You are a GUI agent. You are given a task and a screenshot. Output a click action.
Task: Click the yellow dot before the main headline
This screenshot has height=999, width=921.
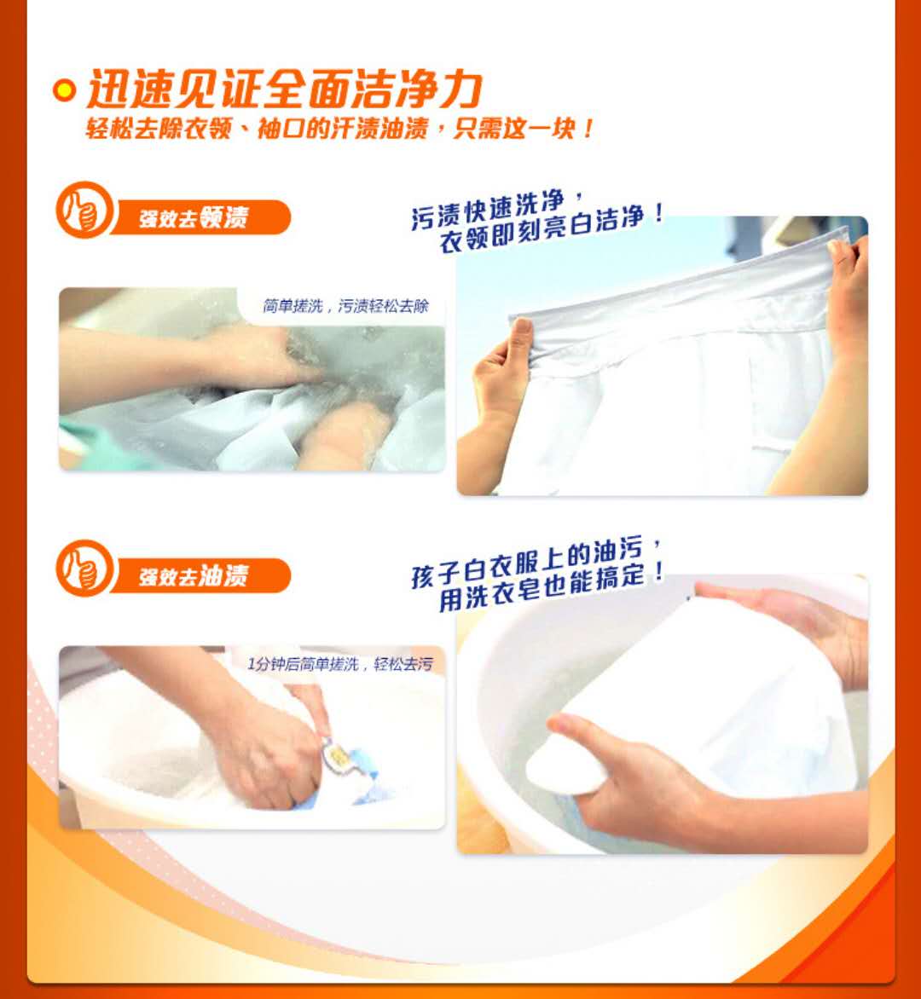coord(64,90)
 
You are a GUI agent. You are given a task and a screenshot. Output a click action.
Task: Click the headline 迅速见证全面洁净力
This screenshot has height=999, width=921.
coord(284,90)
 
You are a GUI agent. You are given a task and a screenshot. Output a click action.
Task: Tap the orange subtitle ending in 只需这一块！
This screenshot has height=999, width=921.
coord(339,129)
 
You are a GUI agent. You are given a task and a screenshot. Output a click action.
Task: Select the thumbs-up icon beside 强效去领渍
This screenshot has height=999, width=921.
coord(84,210)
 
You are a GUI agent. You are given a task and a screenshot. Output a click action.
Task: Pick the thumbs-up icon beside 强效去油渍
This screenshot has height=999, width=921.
coord(84,569)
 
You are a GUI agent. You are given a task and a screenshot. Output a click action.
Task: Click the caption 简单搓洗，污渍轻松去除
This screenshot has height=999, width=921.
coord(346,307)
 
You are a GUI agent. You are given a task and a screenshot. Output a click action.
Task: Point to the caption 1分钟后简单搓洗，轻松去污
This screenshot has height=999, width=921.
coord(340,665)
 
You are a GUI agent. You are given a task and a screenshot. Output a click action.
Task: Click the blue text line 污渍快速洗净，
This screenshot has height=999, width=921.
coord(497,208)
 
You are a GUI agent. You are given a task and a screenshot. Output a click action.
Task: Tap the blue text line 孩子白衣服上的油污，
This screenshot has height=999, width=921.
coord(536,563)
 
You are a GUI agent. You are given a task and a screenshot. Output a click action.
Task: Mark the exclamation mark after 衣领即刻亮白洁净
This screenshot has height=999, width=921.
coord(658,212)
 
